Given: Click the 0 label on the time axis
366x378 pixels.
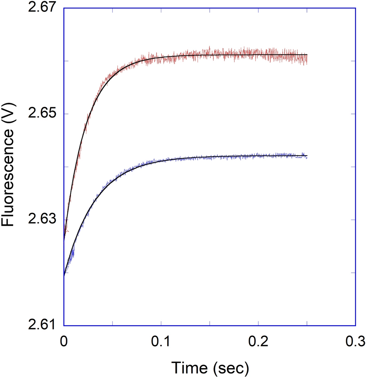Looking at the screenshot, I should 64,340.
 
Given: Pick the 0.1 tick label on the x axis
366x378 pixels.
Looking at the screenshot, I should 161,340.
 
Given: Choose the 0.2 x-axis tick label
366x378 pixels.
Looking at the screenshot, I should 258,340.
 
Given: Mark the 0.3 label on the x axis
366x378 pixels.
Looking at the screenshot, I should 355,340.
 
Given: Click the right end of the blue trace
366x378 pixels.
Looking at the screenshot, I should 307,156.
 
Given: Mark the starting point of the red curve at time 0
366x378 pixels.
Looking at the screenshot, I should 64,239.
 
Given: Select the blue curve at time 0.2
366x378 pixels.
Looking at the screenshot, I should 258,156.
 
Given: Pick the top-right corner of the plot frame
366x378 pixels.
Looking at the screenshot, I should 355,8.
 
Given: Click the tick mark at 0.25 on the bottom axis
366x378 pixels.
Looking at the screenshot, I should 307,324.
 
